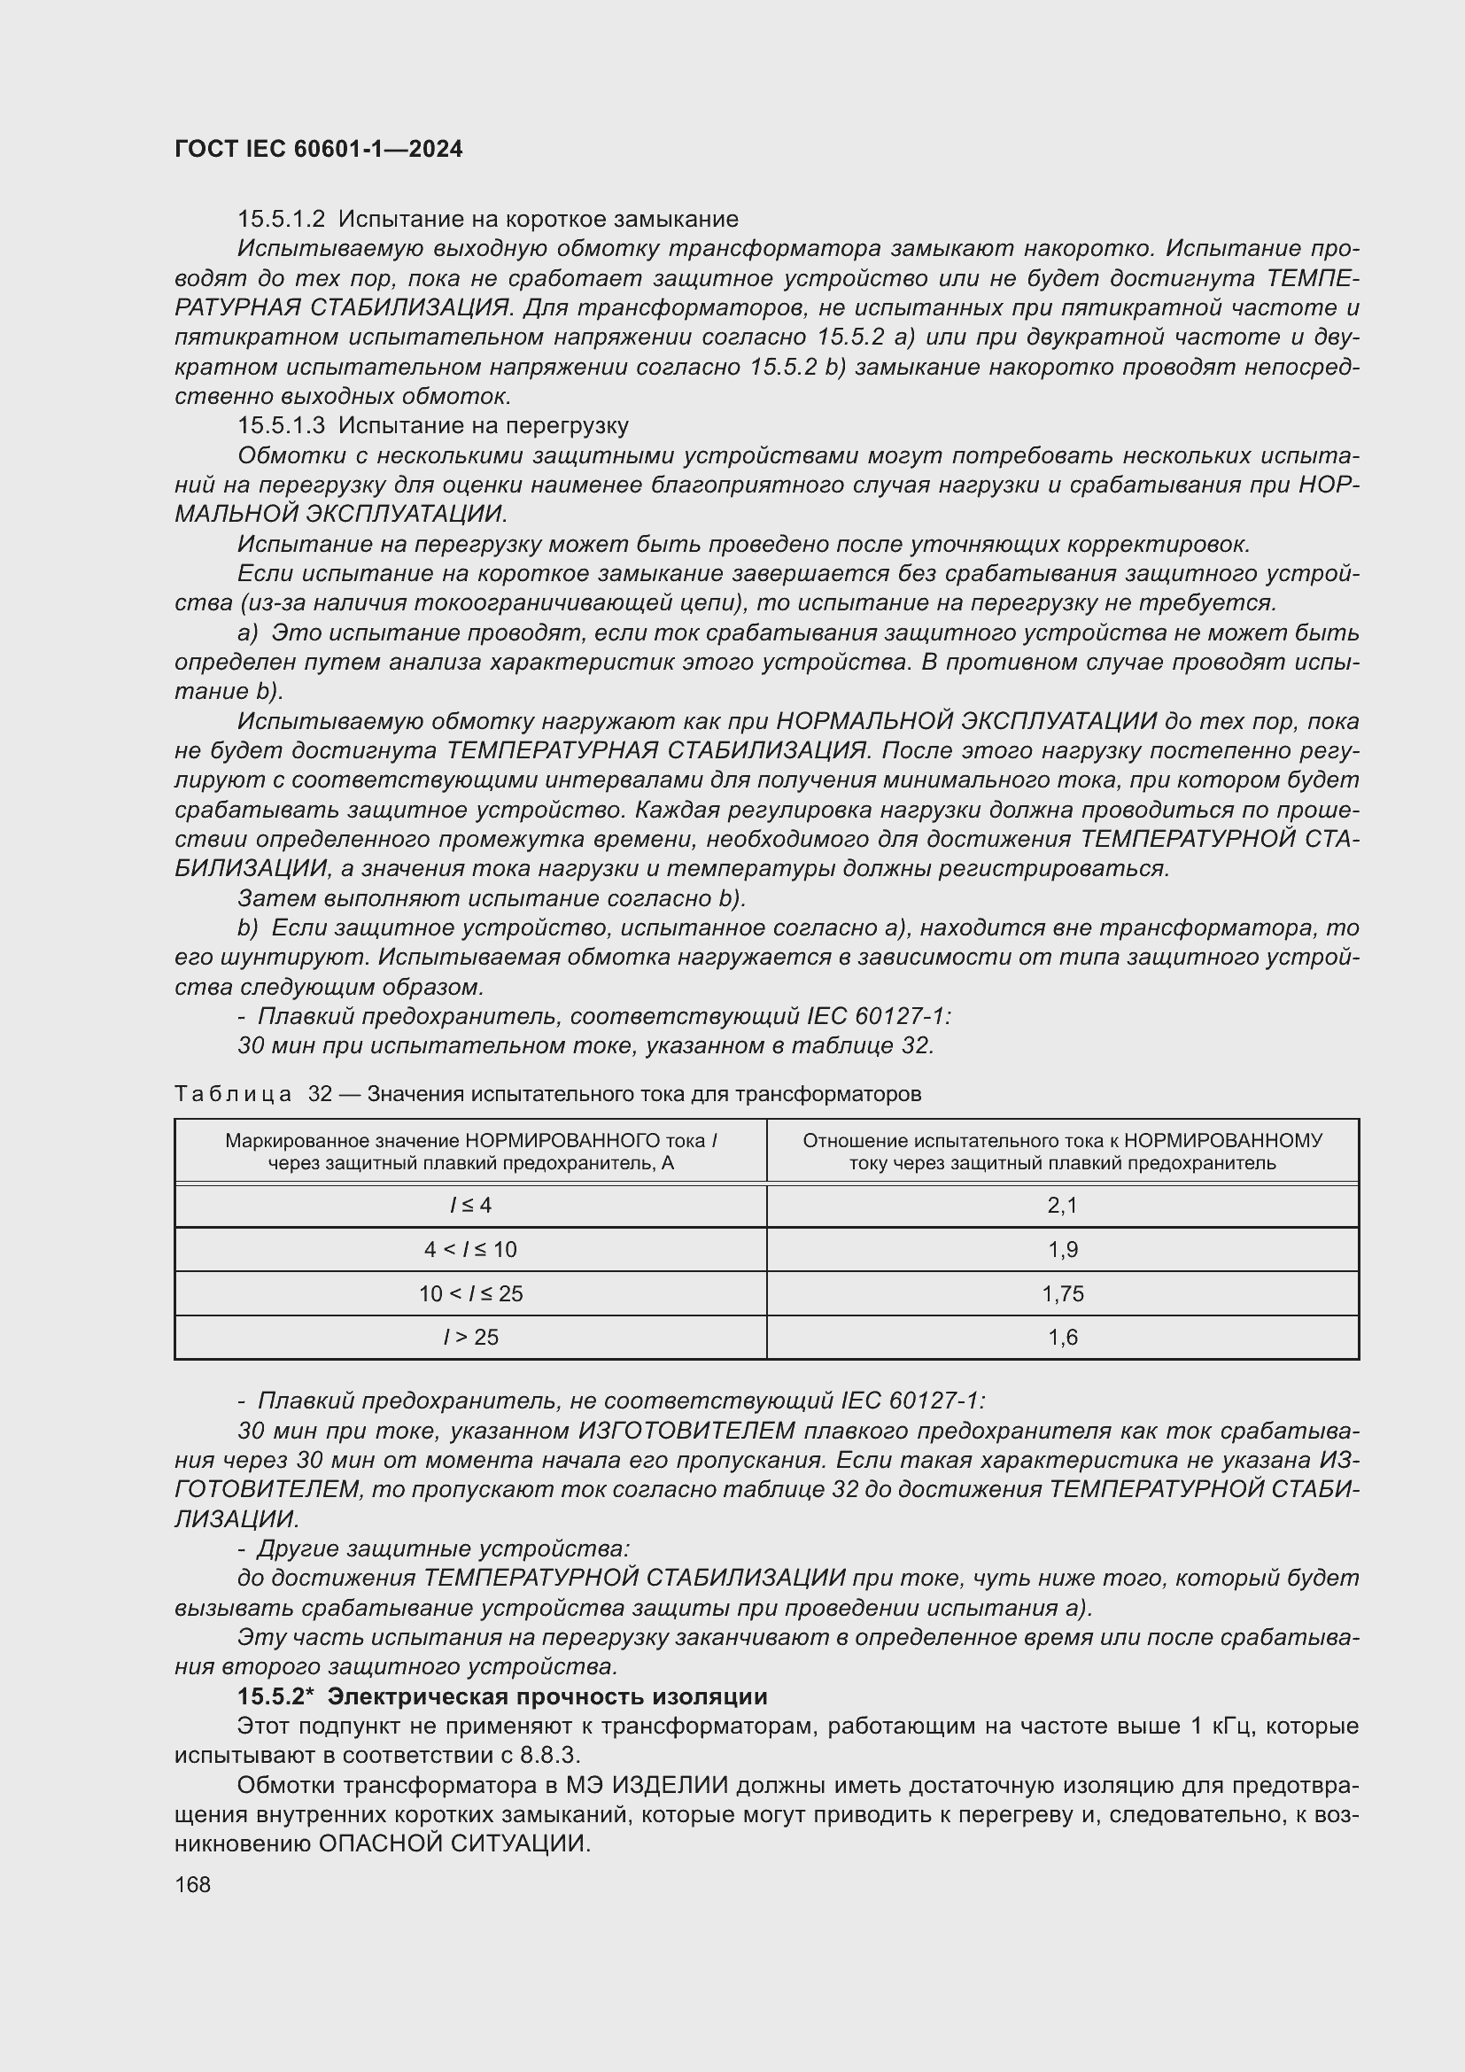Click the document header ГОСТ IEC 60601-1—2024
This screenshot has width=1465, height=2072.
tap(318, 149)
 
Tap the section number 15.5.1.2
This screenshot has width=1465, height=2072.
tap(281, 220)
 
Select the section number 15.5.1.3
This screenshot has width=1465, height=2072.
tap(281, 425)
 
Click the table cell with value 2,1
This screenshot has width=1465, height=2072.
tap(1062, 1206)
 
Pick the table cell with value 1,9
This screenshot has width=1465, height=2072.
tap(1062, 1250)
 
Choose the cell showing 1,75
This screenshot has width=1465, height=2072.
tap(1062, 1294)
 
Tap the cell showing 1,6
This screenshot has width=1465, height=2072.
tap(1062, 1338)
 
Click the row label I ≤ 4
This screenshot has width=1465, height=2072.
tap(470, 1206)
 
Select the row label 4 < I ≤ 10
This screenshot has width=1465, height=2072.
tap(470, 1250)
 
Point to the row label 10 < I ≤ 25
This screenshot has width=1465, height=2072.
tap(470, 1294)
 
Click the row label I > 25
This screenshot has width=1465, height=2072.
tap(470, 1338)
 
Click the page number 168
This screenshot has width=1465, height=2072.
tap(193, 1884)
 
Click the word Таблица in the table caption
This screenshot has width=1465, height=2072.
tap(233, 1095)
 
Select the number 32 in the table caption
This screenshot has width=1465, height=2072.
tap(321, 1095)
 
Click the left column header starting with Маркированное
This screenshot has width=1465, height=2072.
tap(470, 1152)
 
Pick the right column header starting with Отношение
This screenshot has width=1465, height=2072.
tap(1062, 1152)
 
